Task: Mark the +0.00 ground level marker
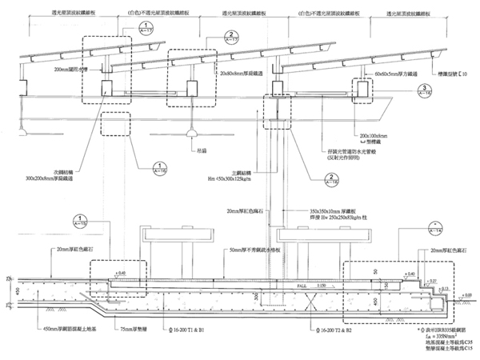pyautogui.click(x=467, y=296)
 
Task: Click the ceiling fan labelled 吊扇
pyautogui.click(x=192, y=130)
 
